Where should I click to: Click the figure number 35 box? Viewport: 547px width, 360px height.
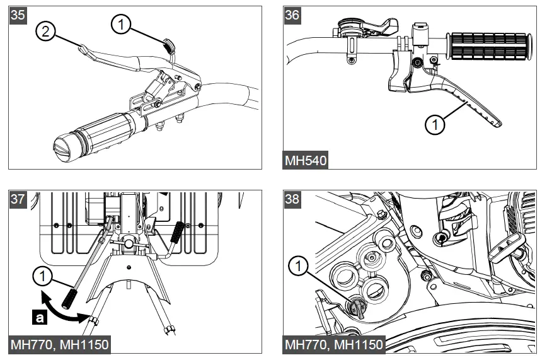coord(18,16)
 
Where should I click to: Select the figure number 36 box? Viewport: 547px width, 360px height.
coord(292,16)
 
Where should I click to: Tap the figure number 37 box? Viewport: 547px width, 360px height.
coord(18,199)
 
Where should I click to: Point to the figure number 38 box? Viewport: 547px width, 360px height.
coord(292,199)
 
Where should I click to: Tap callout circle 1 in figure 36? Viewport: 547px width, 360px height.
coord(434,124)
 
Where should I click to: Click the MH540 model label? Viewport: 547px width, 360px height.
coord(306,160)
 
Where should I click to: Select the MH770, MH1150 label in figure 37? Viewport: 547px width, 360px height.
coord(60,345)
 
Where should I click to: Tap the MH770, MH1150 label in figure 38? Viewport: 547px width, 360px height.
coord(334,345)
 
